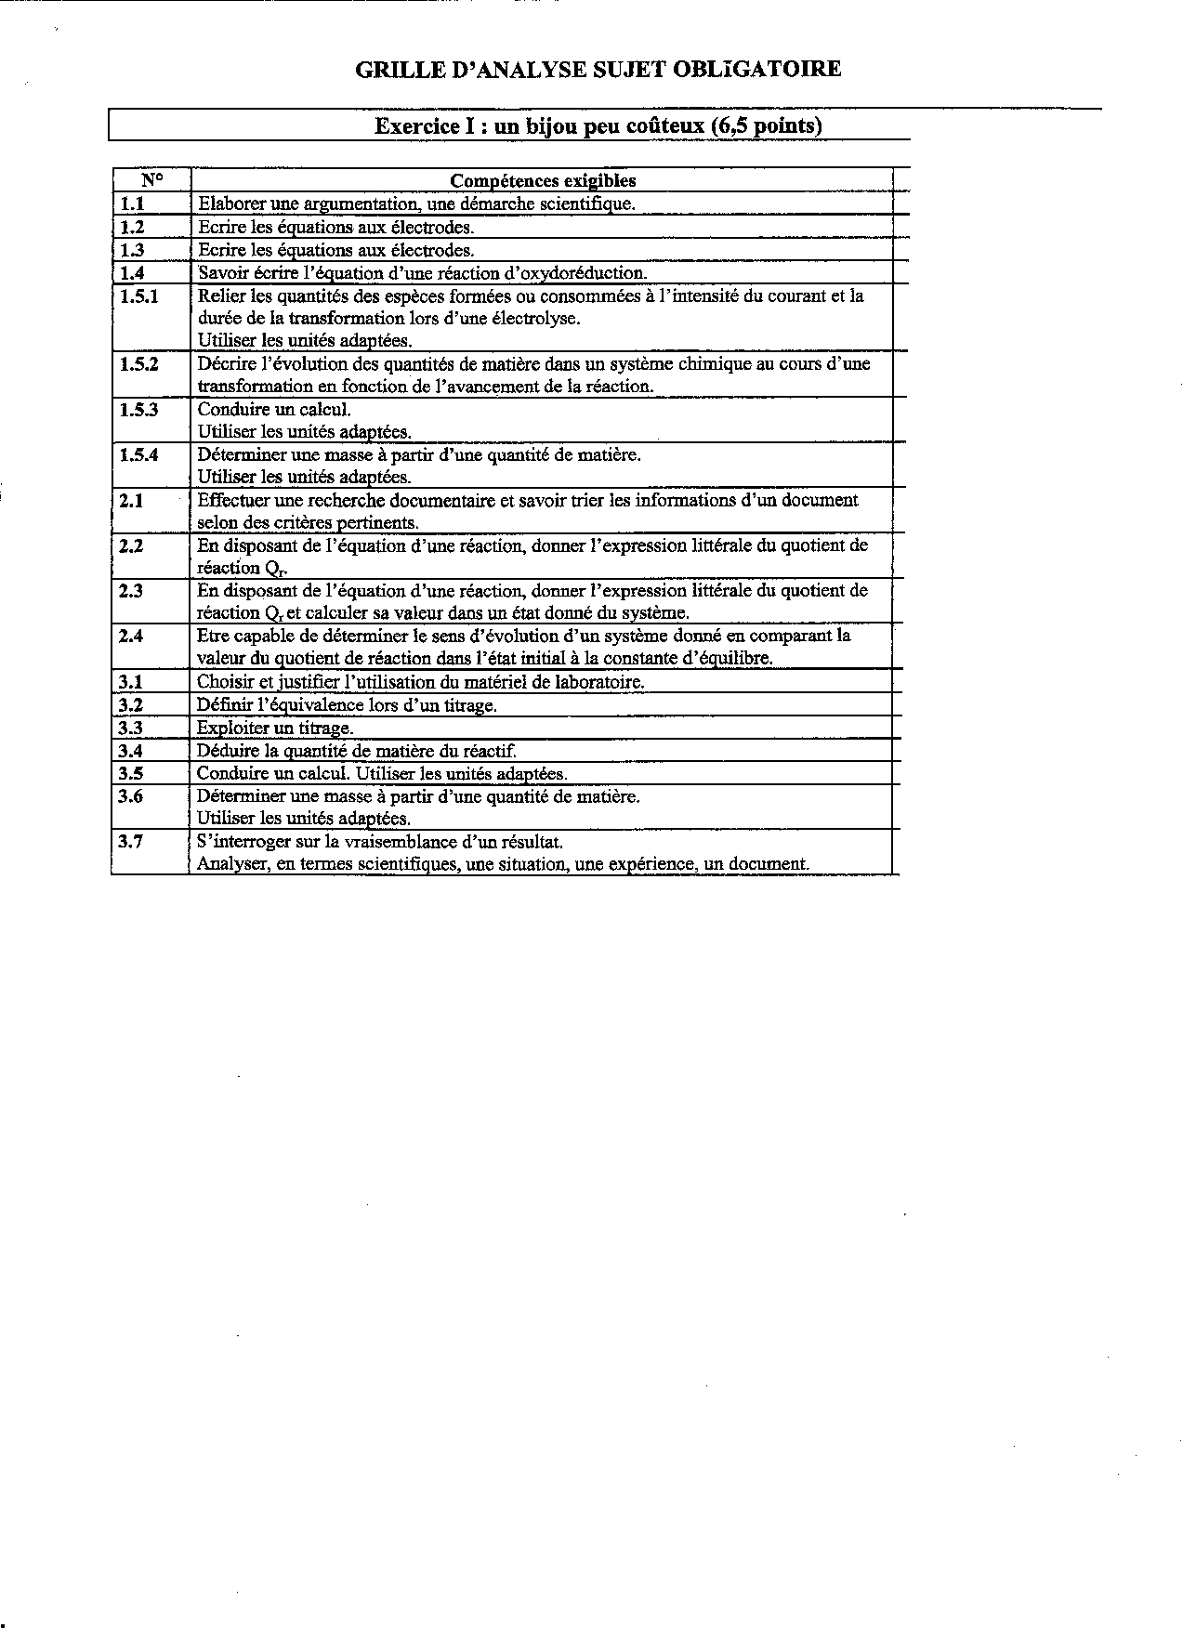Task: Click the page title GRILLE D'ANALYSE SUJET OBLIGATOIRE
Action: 598,69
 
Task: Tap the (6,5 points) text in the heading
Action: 767,126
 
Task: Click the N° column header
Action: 151,180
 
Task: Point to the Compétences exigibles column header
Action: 543,181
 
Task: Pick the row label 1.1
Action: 132,203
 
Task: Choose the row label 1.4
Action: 132,272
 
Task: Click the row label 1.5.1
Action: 139,295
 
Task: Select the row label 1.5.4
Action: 139,454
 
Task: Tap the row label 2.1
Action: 132,500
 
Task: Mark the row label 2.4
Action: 132,636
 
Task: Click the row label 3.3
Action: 131,728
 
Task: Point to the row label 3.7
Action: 131,841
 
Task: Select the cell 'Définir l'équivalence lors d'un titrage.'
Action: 347,705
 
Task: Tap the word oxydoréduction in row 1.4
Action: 587,273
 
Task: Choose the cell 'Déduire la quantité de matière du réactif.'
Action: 356,751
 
